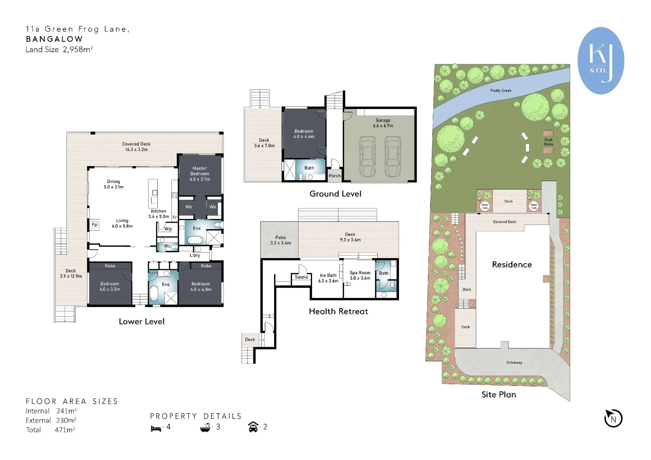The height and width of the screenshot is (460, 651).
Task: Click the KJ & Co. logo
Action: click(x=600, y=60)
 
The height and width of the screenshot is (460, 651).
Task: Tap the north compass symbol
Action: click(x=613, y=418)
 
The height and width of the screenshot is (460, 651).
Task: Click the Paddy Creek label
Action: click(x=501, y=91)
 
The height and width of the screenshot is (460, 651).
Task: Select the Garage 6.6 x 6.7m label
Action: click(x=383, y=123)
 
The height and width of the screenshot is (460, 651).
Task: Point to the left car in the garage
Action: click(x=367, y=156)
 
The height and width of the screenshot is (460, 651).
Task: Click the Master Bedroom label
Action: click(x=200, y=174)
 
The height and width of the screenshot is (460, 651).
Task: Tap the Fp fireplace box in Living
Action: click(x=94, y=225)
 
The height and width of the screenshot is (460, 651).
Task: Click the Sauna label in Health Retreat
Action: click(x=301, y=277)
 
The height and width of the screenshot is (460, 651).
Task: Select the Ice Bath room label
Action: click(x=328, y=278)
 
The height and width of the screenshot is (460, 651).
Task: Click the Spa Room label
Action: click(x=360, y=275)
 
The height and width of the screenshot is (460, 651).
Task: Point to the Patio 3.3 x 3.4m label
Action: click(x=281, y=240)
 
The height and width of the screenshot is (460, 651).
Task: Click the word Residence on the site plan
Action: click(x=512, y=264)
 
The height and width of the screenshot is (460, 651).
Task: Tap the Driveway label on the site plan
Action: click(x=514, y=363)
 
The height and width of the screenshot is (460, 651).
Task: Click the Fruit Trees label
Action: click(x=548, y=142)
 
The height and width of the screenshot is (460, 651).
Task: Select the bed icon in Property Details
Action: click(x=156, y=428)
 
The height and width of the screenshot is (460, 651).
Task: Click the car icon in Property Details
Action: click(x=253, y=427)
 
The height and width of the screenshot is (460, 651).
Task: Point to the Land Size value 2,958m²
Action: click(x=78, y=49)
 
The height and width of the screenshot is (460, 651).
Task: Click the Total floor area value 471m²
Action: click(x=65, y=430)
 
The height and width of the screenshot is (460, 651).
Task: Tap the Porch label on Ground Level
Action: click(x=335, y=176)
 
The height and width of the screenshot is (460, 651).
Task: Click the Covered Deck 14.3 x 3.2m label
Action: click(x=136, y=147)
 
